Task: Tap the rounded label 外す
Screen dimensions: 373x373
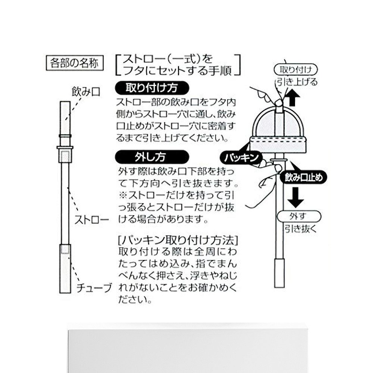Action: click(x=298, y=216)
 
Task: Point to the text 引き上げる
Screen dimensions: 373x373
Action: click(x=297, y=82)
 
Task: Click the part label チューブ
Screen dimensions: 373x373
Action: click(x=94, y=288)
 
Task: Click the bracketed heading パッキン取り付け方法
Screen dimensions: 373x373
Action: click(x=178, y=239)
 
